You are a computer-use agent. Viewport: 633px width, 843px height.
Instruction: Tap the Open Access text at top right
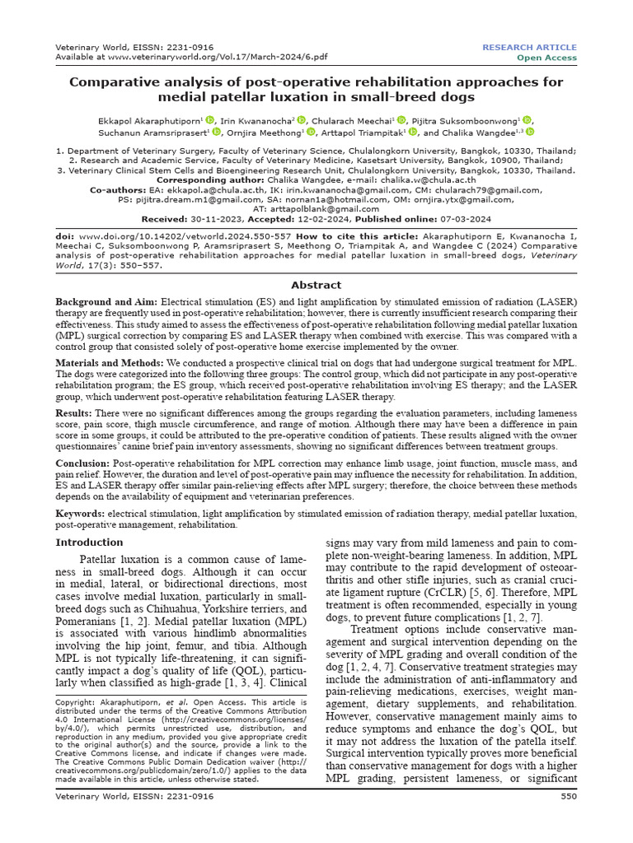click(546, 58)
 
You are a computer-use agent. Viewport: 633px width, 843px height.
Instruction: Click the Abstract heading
click(316, 285)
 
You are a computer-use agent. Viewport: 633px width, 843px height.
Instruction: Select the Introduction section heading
click(89, 543)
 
